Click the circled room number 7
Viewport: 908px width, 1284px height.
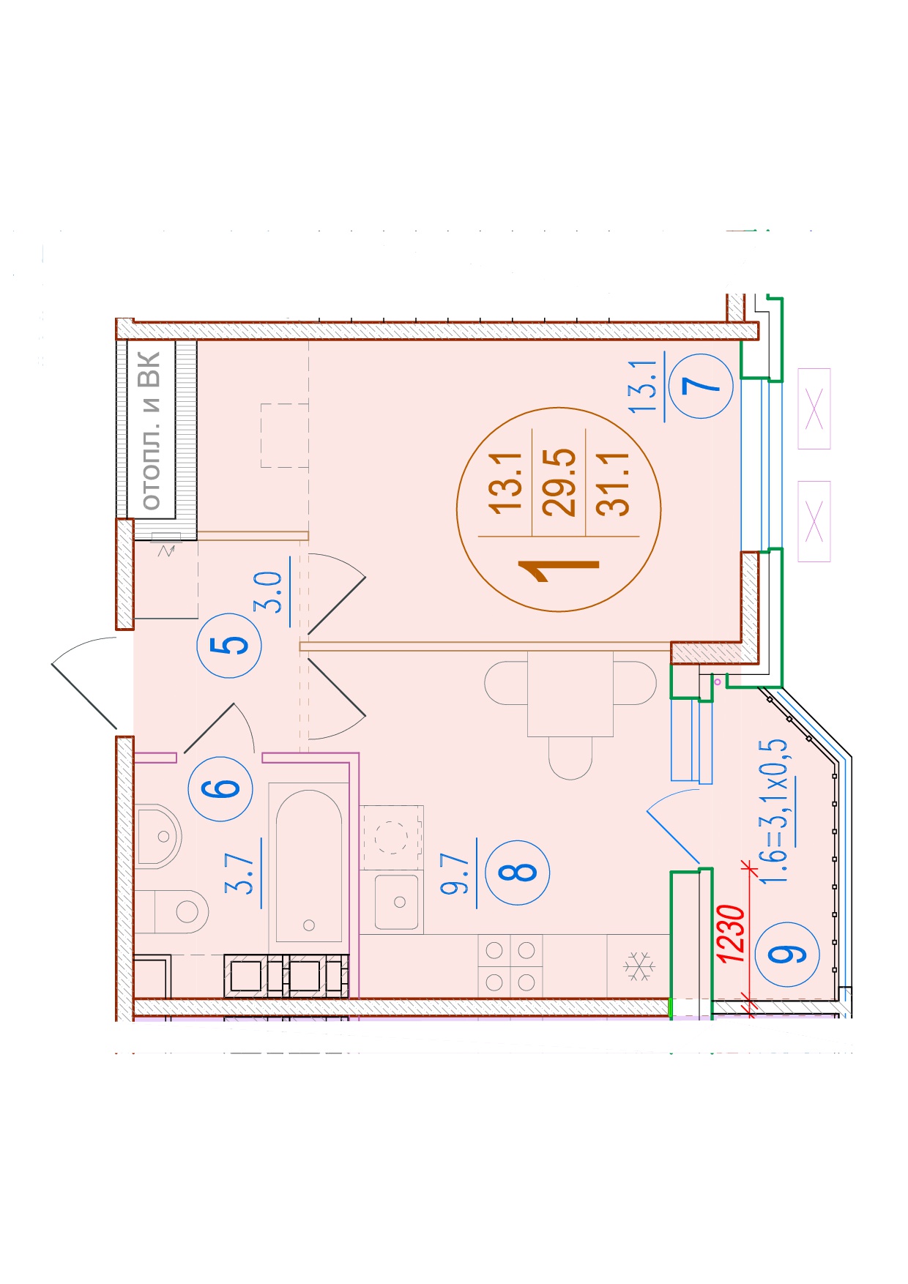707,386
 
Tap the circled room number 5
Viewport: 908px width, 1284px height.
229,646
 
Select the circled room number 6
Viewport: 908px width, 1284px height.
220,788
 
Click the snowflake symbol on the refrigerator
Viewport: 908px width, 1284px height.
639,966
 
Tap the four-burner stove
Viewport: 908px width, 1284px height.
510,966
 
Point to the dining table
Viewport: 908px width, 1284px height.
570,694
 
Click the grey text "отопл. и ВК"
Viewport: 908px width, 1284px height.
149,430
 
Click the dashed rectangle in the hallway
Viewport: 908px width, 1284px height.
285,436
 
